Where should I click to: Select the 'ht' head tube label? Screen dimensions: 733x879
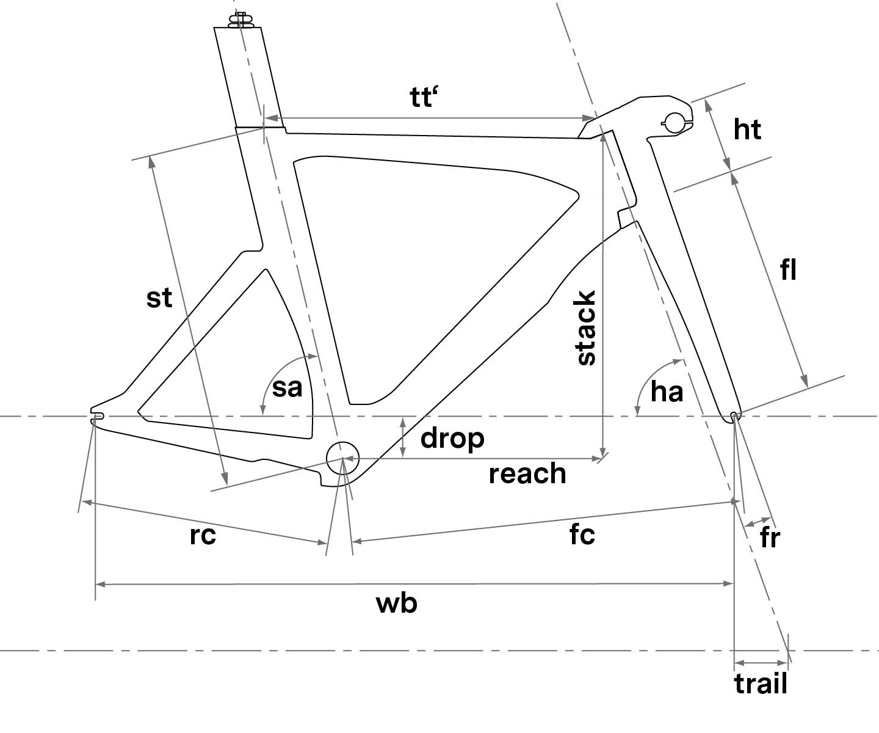click(748, 130)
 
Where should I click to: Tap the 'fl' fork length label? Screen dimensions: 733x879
click(789, 269)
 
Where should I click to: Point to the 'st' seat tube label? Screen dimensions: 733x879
click(159, 298)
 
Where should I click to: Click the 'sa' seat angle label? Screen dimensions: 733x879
click(287, 387)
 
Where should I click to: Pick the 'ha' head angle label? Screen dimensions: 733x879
click(667, 391)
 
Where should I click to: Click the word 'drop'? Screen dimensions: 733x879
click(452, 437)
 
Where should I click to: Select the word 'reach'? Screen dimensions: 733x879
click(527, 473)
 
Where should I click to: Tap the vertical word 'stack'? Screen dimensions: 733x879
click(586, 328)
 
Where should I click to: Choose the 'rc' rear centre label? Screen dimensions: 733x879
click(203, 534)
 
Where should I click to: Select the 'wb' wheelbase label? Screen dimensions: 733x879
click(397, 604)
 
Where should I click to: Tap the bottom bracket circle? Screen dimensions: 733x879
click(342, 457)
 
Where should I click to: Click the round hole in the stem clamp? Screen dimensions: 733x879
click(675, 122)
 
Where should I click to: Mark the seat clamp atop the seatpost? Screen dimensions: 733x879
click(241, 20)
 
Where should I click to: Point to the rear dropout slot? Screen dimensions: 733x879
click(97, 416)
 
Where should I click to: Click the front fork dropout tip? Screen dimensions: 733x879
click(735, 417)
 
